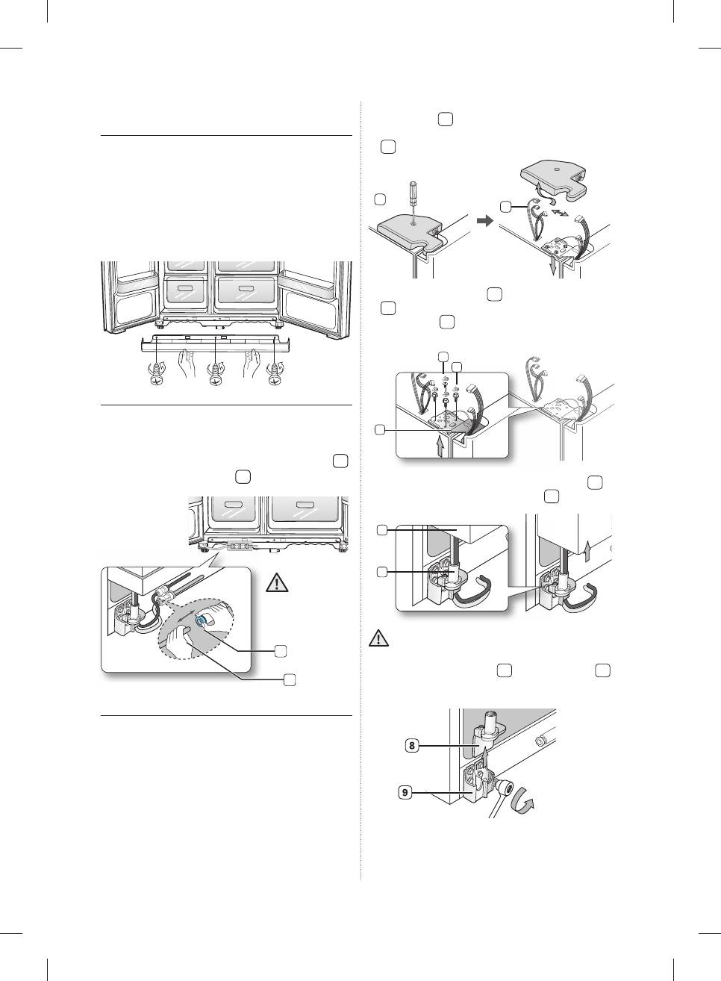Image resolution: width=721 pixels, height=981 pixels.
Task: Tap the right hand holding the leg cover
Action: [249, 365]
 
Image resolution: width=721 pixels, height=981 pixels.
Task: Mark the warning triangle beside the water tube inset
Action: [277, 582]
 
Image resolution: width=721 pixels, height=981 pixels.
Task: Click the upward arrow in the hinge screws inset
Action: [440, 446]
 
